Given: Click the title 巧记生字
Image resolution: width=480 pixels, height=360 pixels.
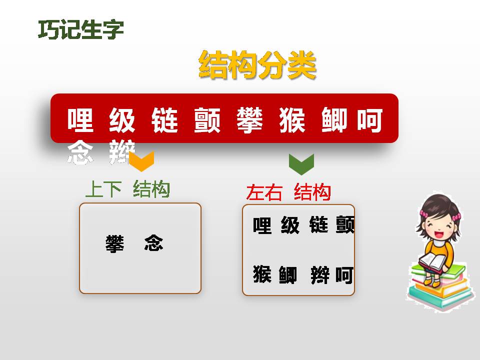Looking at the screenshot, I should pos(81,30).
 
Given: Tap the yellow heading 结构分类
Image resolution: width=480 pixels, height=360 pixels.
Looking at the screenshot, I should pos(257,65).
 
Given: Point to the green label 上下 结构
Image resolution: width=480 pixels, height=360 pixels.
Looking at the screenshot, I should pos(127,190).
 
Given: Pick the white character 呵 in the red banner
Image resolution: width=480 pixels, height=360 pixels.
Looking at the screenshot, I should pos(370,120).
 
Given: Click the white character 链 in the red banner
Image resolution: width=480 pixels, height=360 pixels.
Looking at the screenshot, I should pos(164,120).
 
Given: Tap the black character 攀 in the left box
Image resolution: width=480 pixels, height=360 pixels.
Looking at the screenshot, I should pos(115,243).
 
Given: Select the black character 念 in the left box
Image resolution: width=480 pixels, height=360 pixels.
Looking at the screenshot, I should pos(153,243).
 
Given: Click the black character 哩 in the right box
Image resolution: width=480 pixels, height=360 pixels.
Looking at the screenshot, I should pos(262,225).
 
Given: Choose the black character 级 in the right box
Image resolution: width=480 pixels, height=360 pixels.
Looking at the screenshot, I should pos(290,225).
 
